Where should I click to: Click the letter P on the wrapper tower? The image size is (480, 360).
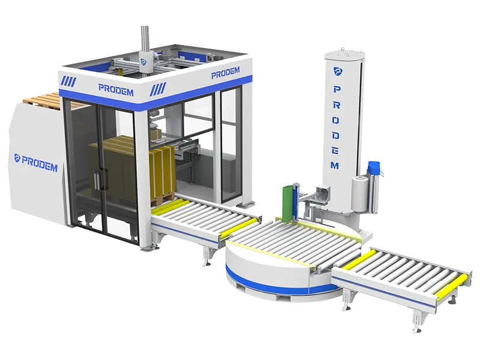(x=337, y=89)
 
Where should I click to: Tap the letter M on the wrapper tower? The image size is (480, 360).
(x=335, y=166)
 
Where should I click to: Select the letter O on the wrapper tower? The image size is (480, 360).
(x=336, y=120)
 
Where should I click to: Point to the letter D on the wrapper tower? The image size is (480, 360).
(x=335, y=136)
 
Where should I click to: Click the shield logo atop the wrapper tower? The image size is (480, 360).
(x=338, y=71)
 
